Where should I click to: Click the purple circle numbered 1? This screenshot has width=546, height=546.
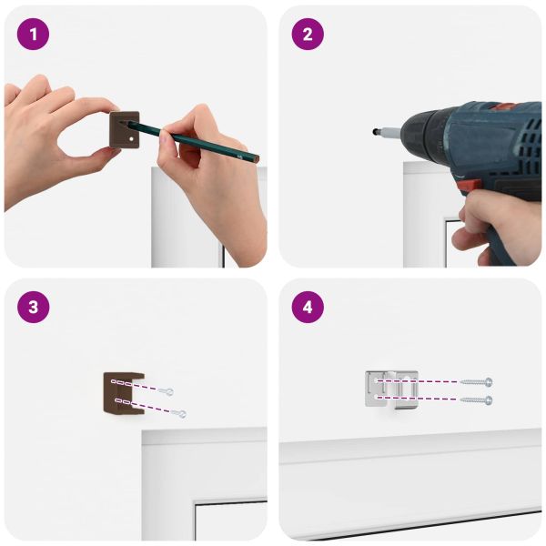pyautogui.click(x=33, y=35)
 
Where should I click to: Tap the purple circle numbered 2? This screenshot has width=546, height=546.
pyautogui.click(x=308, y=35)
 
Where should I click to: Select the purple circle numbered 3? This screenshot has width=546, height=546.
pyautogui.click(x=33, y=308)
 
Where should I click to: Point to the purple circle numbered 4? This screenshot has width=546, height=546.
pyautogui.click(x=308, y=308)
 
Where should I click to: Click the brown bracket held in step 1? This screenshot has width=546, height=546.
pyautogui.click(x=125, y=130)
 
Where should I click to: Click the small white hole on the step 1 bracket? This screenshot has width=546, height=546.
pyautogui.click(x=131, y=138)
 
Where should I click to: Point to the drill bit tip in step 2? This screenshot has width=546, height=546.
pyautogui.click(x=374, y=132)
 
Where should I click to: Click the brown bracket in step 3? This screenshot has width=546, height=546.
pyautogui.click(x=123, y=394)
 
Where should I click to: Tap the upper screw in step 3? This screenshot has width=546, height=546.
pyautogui.click(x=166, y=391)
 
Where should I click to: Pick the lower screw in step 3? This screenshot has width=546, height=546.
pyautogui.click(x=178, y=413)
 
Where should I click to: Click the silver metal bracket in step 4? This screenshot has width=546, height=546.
pyautogui.click(x=391, y=389)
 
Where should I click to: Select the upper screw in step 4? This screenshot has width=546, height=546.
pyautogui.click(x=476, y=382)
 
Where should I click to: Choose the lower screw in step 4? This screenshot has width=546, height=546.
pyautogui.click(x=476, y=400)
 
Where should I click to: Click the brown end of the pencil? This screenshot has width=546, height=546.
pyautogui.click(x=257, y=160)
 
